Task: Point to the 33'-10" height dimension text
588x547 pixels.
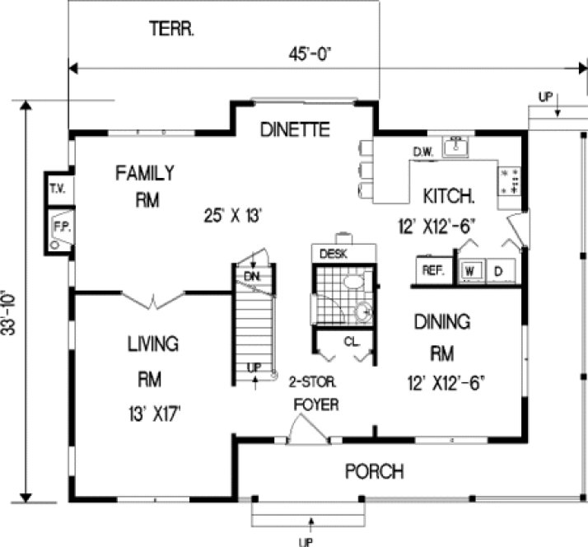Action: (x=9, y=301)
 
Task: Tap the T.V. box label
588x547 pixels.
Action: (x=58, y=189)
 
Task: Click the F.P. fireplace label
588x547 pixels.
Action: (x=60, y=224)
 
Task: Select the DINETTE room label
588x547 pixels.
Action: (x=295, y=129)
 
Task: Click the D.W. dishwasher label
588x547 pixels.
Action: (x=422, y=151)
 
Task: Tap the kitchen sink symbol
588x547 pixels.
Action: (x=455, y=147)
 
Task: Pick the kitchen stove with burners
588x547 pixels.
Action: (x=510, y=180)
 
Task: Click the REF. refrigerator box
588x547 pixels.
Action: (x=432, y=270)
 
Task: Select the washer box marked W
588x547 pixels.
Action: (x=471, y=270)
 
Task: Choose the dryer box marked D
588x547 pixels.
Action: (x=498, y=270)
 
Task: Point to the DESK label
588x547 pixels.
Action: (x=333, y=253)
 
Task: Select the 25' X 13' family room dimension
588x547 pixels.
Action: (x=233, y=216)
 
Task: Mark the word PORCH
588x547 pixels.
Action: (x=374, y=472)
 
